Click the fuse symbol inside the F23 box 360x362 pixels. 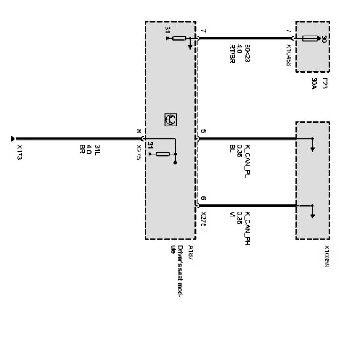(x=310, y=38)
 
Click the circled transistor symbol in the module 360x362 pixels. (x=170, y=120)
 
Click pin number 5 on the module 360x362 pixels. (x=203, y=132)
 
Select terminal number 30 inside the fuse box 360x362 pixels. (x=324, y=39)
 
